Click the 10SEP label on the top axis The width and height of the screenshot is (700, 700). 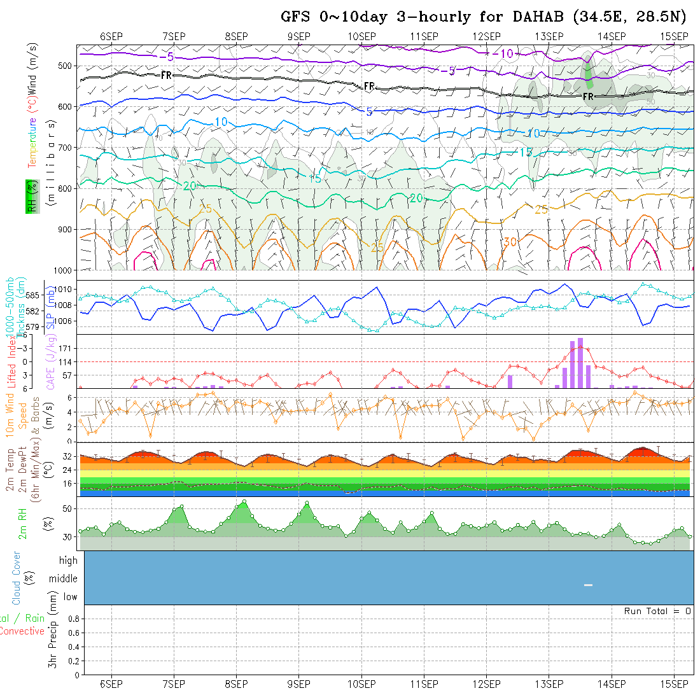coord(362,36)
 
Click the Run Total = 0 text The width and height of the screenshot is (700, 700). coord(657,611)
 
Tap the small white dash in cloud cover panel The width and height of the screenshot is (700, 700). coord(588,585)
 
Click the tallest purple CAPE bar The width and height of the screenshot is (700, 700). coord(580,363)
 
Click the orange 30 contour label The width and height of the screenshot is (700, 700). coord(510,242)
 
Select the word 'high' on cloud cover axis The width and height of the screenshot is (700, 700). coord(68,561)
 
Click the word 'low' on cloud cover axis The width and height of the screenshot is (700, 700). coord(70,597)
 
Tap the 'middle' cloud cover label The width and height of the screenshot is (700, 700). coord(64,578)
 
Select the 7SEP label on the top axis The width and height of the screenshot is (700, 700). coord(174,36)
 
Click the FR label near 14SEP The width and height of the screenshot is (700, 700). coord(588,97)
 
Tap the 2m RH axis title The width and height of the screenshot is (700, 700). coord(22,523)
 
